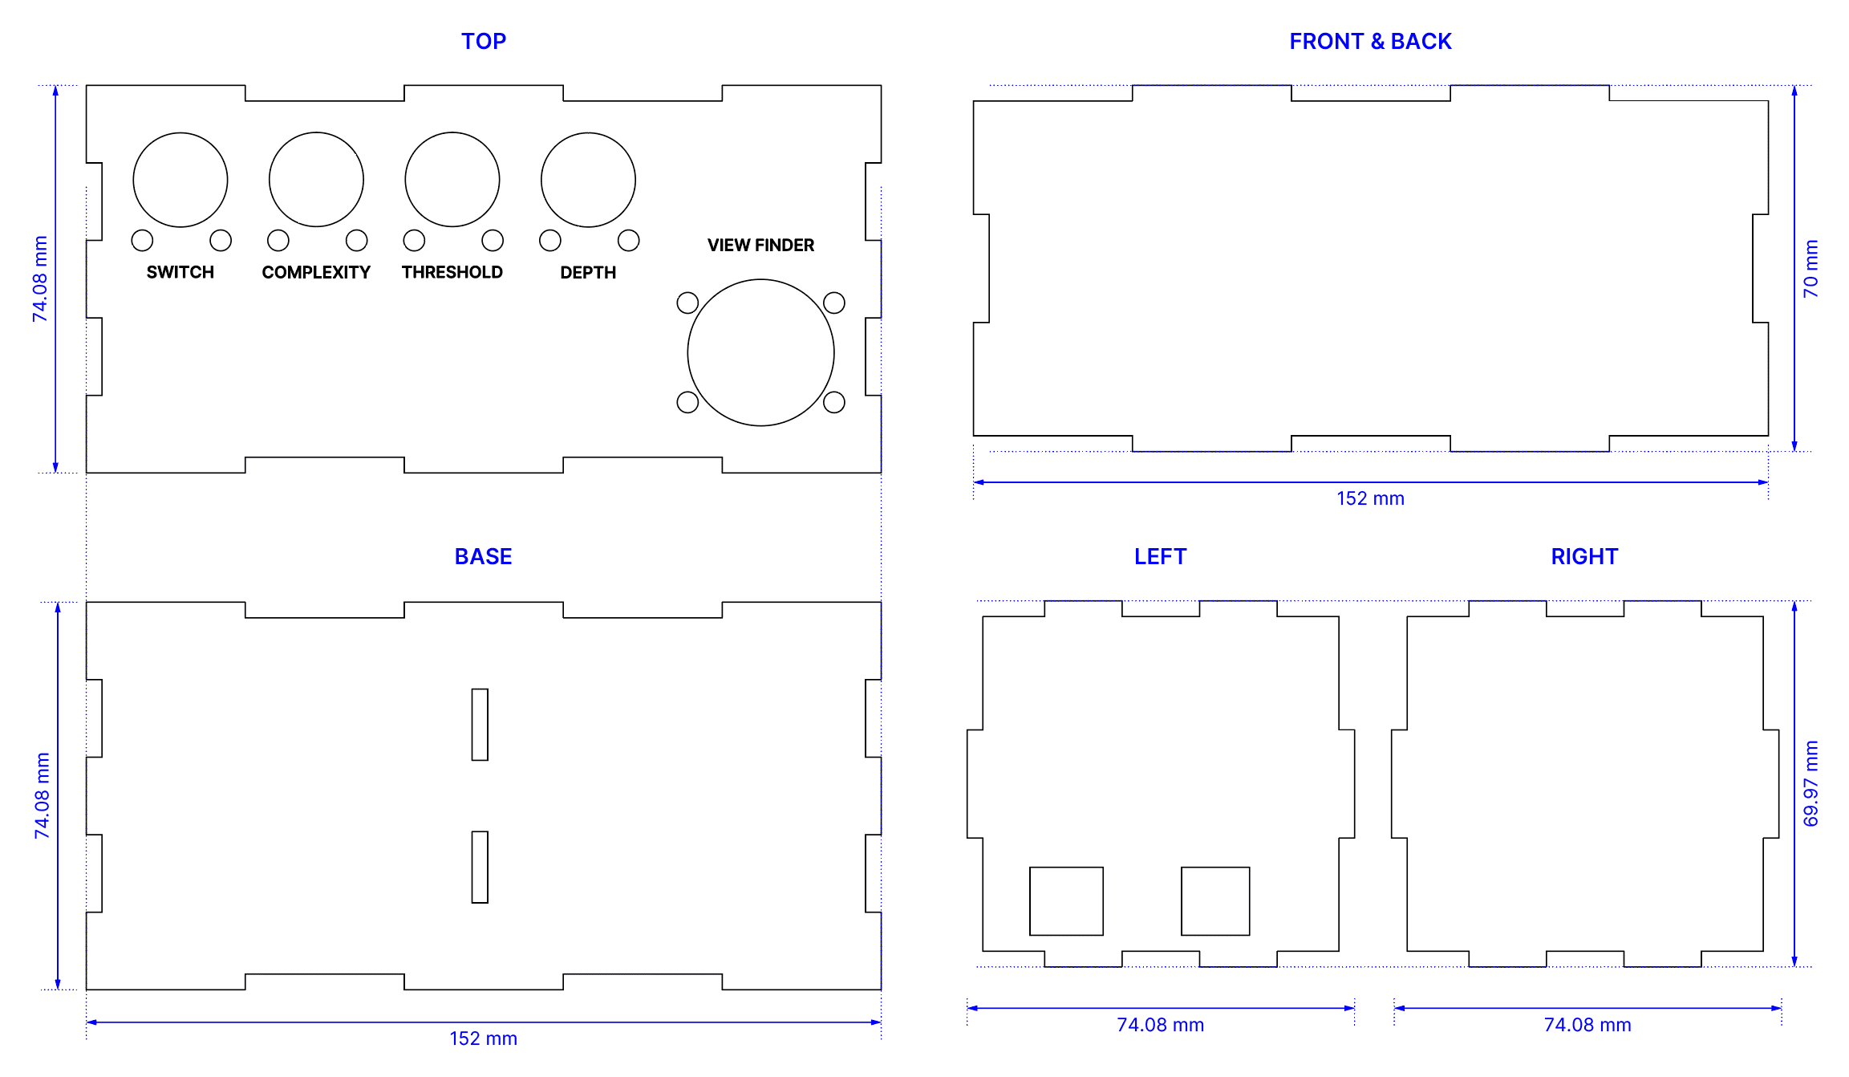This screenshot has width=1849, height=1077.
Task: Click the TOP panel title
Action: coord(484,41)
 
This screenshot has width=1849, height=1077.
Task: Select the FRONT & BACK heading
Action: coord(1370,41)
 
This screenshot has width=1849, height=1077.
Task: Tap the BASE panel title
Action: coord(483,556)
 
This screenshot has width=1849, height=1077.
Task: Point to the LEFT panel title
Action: coord(1160,556)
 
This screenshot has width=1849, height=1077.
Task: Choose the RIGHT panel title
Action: coord(1584,556)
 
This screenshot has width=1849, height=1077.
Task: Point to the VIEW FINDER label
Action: coord(760,245)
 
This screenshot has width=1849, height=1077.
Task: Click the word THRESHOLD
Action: coord(452,272)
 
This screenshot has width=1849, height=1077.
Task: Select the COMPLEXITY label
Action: coord(316,272)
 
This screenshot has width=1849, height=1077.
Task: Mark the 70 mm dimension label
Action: coord(1810,268)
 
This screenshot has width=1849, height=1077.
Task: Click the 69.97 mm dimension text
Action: coord(1810,783)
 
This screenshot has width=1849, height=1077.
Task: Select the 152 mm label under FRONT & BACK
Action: coord(1370,498)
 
